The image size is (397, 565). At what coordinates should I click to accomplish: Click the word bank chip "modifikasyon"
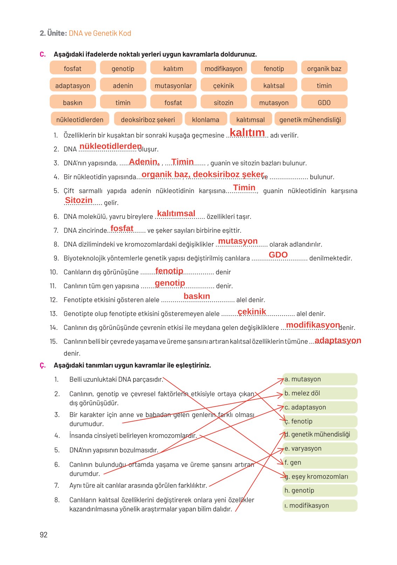click(x=224, y=69)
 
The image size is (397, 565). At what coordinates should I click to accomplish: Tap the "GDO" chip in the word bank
click(x=324, y=103)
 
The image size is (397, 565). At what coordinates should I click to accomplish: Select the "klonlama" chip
click(x=206, y=120)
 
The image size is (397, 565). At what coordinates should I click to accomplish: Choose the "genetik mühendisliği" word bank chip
click(x=310, y=120)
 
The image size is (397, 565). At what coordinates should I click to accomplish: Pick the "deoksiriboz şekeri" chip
click(x=148, y=120)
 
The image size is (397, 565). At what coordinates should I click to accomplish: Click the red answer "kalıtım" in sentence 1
click(x=247, y=133)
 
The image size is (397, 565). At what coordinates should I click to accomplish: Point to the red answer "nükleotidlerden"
click(x=111, y=146)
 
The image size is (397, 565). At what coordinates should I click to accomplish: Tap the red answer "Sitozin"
click(x=79, y=200)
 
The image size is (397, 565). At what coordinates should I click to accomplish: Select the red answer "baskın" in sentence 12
click(x=197, y=296)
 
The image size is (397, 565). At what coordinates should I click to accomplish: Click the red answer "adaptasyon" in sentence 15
click(x=338, y=340)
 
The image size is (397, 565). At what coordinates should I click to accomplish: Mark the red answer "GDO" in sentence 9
click(x=278, y=255)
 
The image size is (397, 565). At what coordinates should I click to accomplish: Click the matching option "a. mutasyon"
click(x=320, y=379)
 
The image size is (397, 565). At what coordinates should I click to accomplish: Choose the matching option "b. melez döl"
click(x=320, y=393)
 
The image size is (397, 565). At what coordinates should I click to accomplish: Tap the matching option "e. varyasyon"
click(x=320, y=449)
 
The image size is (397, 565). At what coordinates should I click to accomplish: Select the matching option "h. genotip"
click(x=320, y=490)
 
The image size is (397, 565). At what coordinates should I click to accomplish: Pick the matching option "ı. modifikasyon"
click(x=320, y=506)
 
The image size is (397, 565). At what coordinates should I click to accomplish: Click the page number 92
click(x=43, y=535)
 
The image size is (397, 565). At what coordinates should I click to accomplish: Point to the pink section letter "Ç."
click(x=42, y=365)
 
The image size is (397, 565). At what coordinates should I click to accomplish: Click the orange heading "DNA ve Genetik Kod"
click(x=100, y=33)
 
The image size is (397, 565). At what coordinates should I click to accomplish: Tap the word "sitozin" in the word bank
click(x=224, y=103)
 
